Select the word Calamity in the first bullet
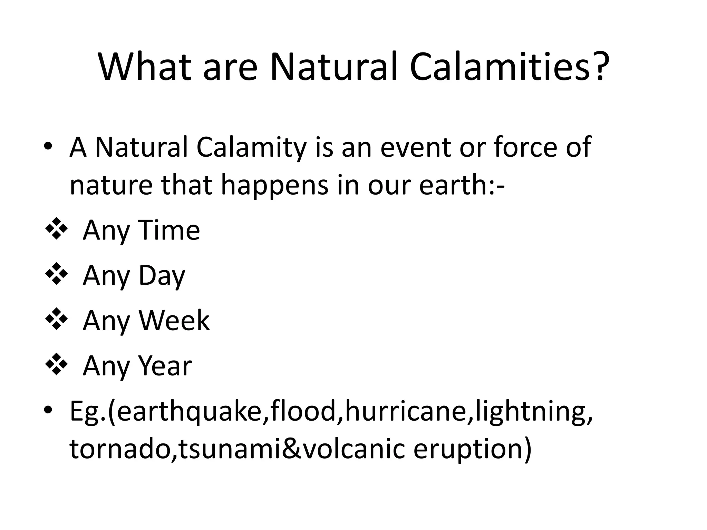pyautogui.click(x=251, y=148)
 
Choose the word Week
pyautogui.click(x=174, y=321)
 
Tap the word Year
pyautogui.click(x=165, y=366)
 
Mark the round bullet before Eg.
pyautogui.click(x=48, y=410)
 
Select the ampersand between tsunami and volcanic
pyautogui.click(x=292, y=449)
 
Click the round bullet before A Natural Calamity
pyautogui.click(x=48, y=146)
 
